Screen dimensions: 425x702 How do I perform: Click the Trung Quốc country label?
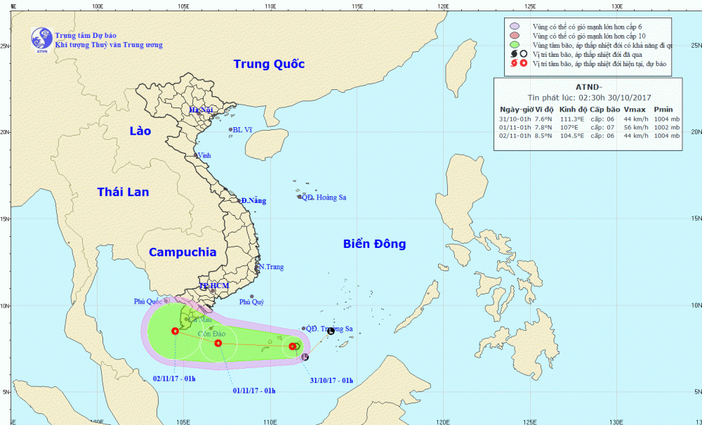[269, 65]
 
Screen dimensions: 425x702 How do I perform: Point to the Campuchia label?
[182, 253]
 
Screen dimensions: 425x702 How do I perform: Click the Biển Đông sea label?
[375, 244]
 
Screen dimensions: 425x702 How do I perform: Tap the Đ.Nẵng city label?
[253, 201]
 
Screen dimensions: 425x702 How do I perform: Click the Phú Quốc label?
[151, 301]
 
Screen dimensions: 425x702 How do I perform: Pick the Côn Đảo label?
[211, 333]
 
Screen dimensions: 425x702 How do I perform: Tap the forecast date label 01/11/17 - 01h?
[254, 391]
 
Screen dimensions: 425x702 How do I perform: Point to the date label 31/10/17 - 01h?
[331, 381]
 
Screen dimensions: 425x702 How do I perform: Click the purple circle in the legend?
[515, 26]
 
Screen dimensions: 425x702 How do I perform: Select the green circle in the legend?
[515, 45]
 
